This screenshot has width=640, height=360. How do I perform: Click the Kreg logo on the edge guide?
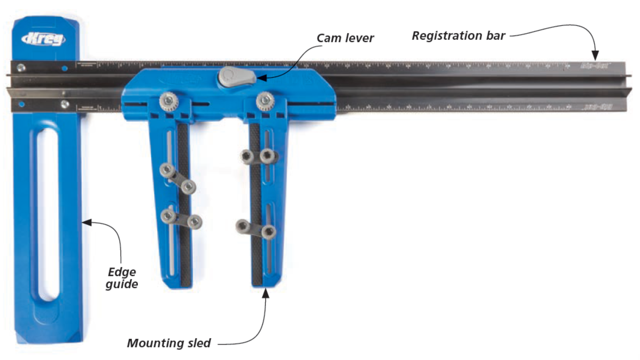pyautogui.click(x=44, y=39)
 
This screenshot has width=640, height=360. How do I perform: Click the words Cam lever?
pyautogui.click(x=345, y=38)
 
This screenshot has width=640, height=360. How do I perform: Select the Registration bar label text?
pyautogui.click(x=458, y=36)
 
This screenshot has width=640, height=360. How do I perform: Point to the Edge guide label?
pyautogui.click(x=122, y=278)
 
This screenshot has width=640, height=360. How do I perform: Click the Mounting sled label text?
pyautogui.click(x=169, y=343)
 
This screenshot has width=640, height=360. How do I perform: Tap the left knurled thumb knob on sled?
pyautogui.click(x=169, y=102)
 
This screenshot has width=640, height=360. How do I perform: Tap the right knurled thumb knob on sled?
pyautogui.click(x=265, y=101)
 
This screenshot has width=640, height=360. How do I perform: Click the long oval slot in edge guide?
pyautogui.click(x=49, y=215)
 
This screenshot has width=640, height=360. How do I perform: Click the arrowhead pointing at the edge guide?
pyautogui.click(x=87, y=222)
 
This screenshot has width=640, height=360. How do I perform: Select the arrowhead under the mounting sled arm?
pyautogui.click(x=266, y=293)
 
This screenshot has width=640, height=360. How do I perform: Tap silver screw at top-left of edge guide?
pyautogui.click(x=21, y=68)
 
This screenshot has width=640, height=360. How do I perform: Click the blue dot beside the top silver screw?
pyautogui.click(x=65, y=68)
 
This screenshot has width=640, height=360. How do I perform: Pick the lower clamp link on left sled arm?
pyautogui.click(x=181, y=219)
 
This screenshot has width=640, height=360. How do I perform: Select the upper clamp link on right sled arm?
pyautogui.click(x=258, y=156)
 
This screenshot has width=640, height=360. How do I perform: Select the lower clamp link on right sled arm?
pyautogui.click(x=256, y=229)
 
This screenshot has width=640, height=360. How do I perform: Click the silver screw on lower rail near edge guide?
pyautogui.click(x=65, y=104)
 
